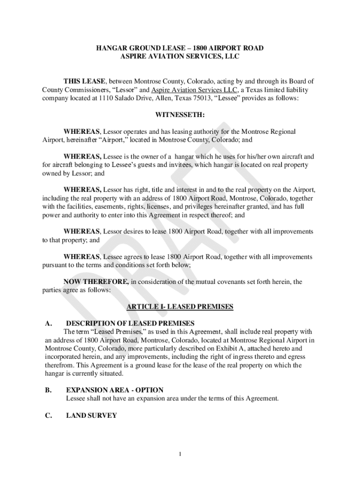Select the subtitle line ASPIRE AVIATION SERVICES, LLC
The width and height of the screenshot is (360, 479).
pyautogui.click(x=180, y=57)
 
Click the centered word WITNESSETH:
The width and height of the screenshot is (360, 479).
pyautogui.click(x=180, y=115)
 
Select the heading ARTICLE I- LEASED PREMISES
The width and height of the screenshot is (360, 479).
pyautogui.click(x=180, y=307)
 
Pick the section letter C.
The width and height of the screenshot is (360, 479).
pyautogui.click(x=48, y=415)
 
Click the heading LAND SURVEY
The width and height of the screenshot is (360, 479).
pyautogui.click(x=91, y=415)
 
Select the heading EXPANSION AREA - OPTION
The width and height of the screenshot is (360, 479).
pyautogui.click(x=115, y=390)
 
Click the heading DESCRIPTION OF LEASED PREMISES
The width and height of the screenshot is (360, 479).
pyautogui.click(x=130, y=323)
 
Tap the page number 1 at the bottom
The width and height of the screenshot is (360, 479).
pyautogui.click(x=180, y=454)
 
